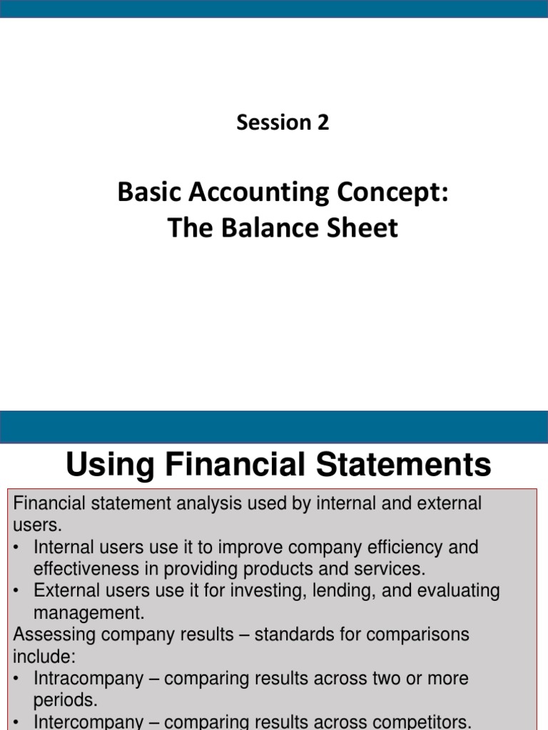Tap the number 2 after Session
323,123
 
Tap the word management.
88,612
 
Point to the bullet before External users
17,591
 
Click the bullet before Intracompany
17,679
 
